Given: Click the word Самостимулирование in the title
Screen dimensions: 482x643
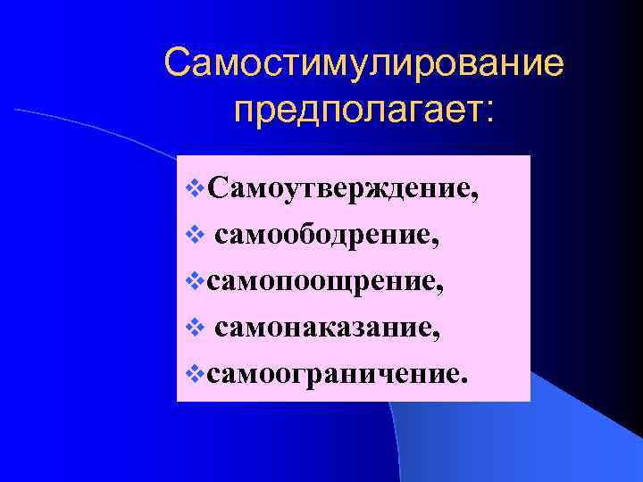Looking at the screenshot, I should (x=365, y=64).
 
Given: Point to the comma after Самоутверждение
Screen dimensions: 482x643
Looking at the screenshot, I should (x=471, y=197).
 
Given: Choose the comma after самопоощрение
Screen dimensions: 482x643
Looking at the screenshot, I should (x=439, y=289).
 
